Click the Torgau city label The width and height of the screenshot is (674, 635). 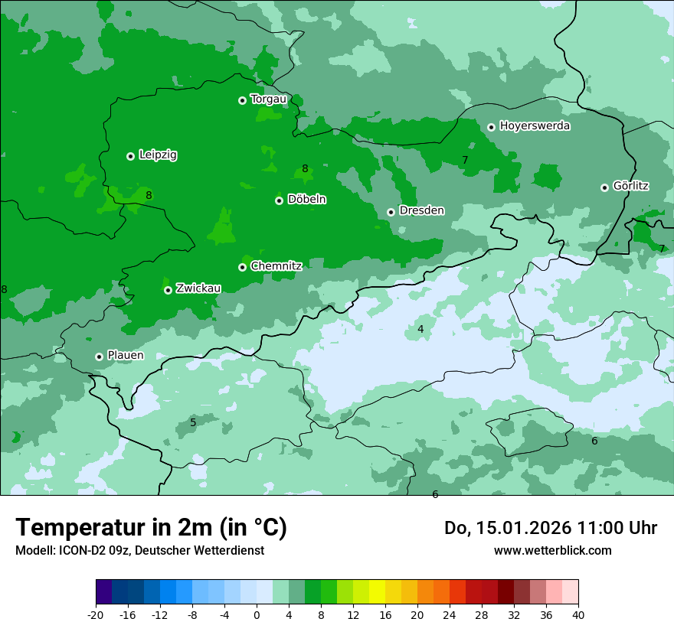(268, 99)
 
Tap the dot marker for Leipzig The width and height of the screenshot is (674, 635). (130, 156)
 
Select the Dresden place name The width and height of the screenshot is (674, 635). (421, 210)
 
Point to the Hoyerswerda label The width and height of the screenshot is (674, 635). (535, 125)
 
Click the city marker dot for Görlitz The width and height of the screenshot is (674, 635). (604, 187)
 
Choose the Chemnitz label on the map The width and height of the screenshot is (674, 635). (276, 266)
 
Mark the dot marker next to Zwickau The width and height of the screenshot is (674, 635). (168, 290)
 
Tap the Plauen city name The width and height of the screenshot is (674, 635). (125, 356)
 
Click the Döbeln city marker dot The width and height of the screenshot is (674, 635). (279, 200)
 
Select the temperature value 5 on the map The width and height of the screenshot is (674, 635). (193, 422)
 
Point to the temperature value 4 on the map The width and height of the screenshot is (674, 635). (420, 329)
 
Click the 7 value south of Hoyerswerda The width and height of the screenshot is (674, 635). (465, 160)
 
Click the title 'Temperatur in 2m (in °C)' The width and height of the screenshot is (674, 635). (151, 527)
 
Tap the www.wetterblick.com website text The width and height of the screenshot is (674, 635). (552, 550)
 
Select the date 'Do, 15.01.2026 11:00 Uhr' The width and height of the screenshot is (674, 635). (550, 528)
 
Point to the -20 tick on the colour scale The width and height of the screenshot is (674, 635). (96, 614)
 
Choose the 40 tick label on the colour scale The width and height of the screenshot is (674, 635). (577, 614)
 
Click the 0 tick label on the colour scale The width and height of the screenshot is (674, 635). (257, 614)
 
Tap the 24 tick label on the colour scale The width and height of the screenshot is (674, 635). (449, 614)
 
